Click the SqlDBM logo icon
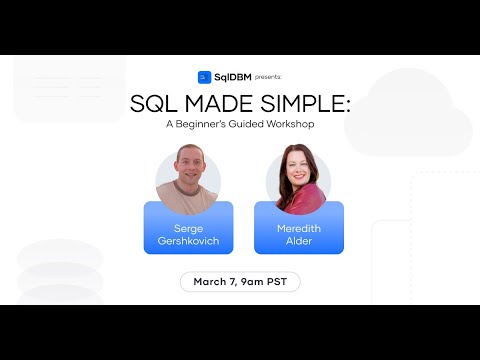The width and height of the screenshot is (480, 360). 203,76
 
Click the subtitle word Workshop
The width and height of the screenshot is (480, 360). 285,126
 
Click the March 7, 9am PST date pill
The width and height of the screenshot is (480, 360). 240,282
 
